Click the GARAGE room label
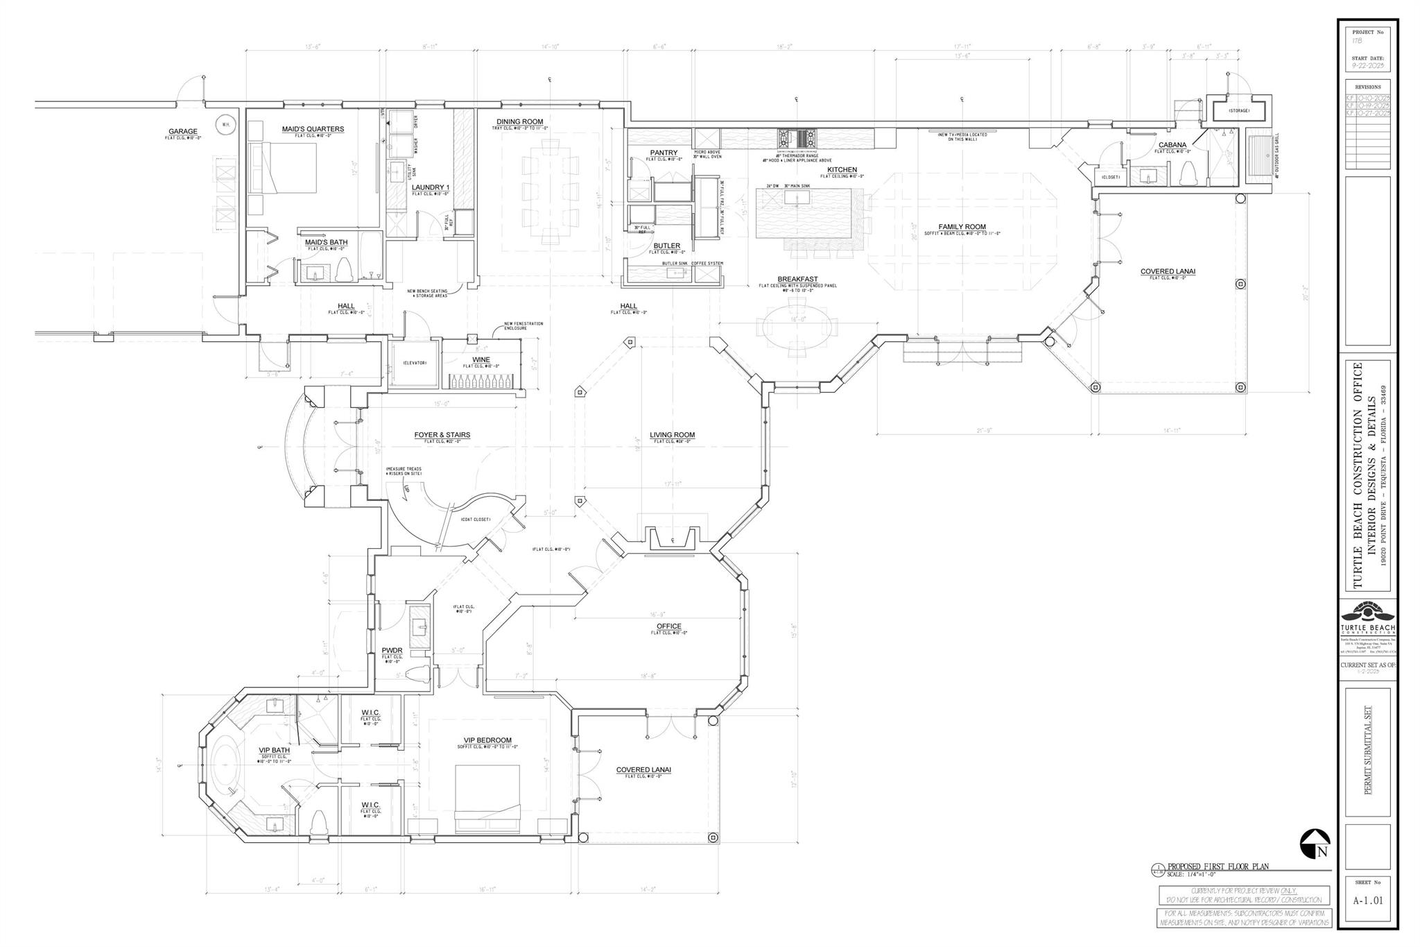point(183,131)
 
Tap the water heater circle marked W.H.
point(225,126)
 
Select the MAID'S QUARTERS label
point(313,129)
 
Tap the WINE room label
point(481,359)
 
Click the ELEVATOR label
point(415,363)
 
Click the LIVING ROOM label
point(672,435)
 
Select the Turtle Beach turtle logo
point(1367,615)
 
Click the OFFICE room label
point(669,626)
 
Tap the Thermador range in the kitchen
point(797,138)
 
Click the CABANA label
point(1172,145)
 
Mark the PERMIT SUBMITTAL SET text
point(1368,760)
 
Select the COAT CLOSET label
point(476,520)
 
